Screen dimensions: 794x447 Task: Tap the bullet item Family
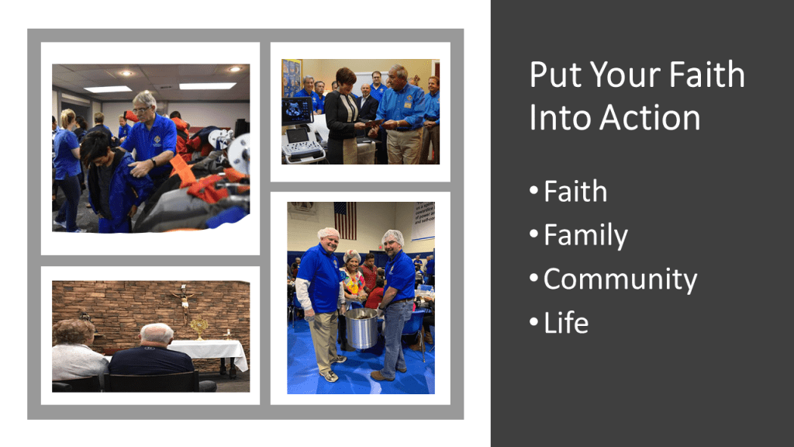pos(585,236)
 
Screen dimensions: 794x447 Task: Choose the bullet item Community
pos(620,279)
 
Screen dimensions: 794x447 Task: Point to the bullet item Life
pos(566,323)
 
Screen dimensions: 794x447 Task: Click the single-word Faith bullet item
pos(575,192)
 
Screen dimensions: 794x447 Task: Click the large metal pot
pos(361,328)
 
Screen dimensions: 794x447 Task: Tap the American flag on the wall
pos(345,220)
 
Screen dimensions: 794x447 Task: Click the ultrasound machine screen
pos(297,110)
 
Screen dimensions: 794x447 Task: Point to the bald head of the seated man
pos(157,334)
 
